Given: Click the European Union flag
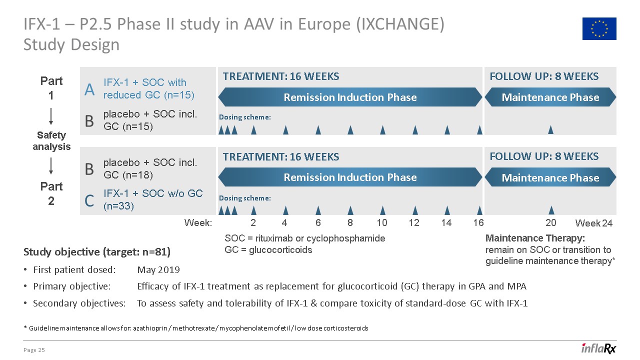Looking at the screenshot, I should (599, 28).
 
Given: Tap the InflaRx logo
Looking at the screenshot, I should (598, 348).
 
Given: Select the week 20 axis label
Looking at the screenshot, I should (550, 223).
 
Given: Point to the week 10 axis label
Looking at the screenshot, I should (382, 223).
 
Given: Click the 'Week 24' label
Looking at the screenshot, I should (594, 223).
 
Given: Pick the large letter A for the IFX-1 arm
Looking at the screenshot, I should (89, 89).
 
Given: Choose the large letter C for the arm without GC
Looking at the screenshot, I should (89, 201).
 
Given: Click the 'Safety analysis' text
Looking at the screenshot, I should (51, 141).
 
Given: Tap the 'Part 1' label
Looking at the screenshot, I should (51, 88).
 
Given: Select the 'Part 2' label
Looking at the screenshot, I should (51, 193).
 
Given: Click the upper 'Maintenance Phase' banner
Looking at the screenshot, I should (550, 97).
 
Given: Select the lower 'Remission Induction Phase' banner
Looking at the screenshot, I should (350, 177).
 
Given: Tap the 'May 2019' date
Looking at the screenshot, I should (158, 270).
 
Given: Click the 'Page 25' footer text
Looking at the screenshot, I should (34, 350).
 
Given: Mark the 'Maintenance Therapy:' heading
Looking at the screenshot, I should (535, 238).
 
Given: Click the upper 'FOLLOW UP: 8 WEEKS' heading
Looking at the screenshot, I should (544, 76).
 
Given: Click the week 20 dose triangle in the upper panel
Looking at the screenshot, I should (550, 129).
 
